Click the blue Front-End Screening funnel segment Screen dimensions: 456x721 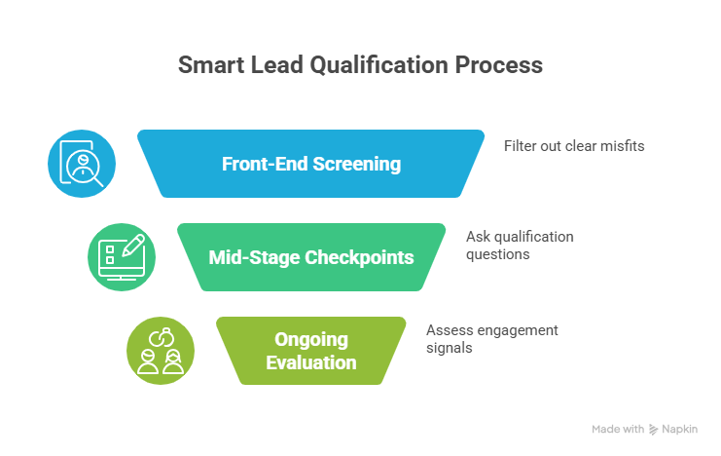point(310,164)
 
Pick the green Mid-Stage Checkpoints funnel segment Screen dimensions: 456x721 point(310,257)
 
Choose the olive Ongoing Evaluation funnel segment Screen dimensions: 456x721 point(310,351)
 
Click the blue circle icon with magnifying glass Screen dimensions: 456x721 point(82,164)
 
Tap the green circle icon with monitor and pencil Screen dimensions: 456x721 point(122,257)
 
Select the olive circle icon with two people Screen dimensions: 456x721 point(161,351)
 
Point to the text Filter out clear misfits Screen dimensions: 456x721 point(574,146)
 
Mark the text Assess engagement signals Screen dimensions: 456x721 point(492,338)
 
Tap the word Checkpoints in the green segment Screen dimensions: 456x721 point(362,257)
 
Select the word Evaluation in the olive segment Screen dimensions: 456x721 point(310,362)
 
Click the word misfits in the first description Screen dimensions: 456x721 point(623,146)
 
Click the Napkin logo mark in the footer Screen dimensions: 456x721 point(655,430)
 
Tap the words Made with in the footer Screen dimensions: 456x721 point(618,430)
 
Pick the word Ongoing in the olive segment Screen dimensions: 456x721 point(310,339)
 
